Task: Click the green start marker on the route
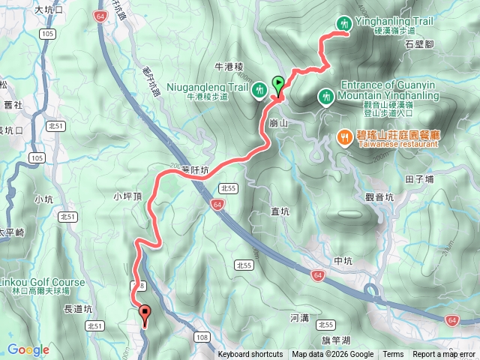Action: tap(279, 85)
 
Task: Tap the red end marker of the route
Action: tap(144, 315)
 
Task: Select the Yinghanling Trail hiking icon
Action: tap(344, 24)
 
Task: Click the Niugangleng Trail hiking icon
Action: tap(259, 89)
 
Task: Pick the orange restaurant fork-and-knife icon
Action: tap(344, 137)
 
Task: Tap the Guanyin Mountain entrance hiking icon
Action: tap(326, 96)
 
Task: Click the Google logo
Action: tap(28, 349)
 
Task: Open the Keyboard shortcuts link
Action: tap(250, 355)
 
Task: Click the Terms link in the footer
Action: tap(393, 355)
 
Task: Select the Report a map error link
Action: tap(444, 355)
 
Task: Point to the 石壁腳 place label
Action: tap(440, 44)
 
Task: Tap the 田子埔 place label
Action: tap(419, 179)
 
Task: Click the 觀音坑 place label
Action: tap(379, 196)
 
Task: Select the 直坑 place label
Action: tap(280, 211)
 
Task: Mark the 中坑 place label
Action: tap(343, 260)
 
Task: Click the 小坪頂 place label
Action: tap(128, 196)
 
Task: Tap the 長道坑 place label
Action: tap(78, 308)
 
